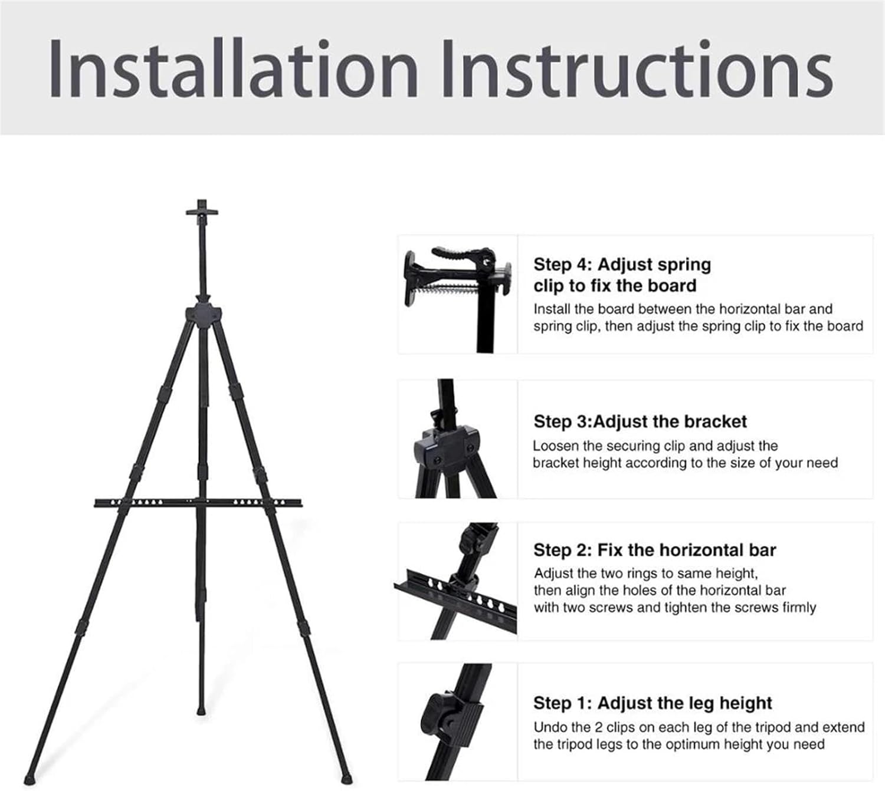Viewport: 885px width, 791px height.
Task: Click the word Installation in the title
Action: click(x=233, y=69)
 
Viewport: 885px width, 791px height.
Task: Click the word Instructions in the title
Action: click(x=638, y=69)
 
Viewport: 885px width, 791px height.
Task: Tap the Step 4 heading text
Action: click(x=622, y=275)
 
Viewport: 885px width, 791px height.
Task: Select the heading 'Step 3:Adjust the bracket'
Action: click(x=640, y=421)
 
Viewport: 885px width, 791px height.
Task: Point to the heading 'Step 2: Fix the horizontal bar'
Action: click(x=654, y=550)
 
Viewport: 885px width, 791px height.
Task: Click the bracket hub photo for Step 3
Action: click(x=458, y=439)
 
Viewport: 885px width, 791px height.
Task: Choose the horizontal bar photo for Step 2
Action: click(x=458, y=581)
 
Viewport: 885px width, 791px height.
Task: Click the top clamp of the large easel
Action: click(x=202, y=211)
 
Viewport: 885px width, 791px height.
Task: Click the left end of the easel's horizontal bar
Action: click(x=95, y=503)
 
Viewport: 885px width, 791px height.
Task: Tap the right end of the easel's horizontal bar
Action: click(x=300, y=503)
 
